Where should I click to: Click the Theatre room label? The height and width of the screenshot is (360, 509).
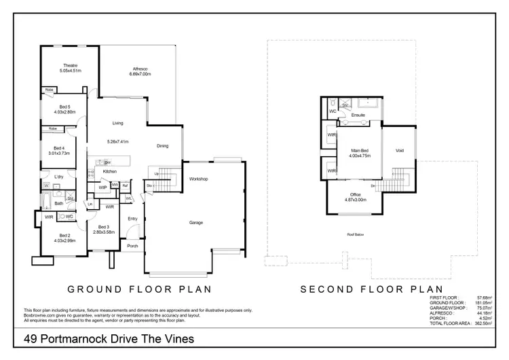point(71,65)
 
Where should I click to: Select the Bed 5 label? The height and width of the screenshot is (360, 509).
point(64,107)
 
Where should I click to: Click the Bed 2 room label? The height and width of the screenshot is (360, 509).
point(64,235)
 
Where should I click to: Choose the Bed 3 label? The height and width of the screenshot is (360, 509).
point(103,227)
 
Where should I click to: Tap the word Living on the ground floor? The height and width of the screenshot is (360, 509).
point(118,123)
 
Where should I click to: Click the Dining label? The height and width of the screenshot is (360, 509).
point(163,145)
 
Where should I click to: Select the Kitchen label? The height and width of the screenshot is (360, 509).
point(110,172)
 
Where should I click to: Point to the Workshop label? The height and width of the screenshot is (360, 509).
point(198,179)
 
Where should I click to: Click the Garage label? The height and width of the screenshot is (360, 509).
point(197,222)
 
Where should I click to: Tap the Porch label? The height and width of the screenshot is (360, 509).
point(132,246)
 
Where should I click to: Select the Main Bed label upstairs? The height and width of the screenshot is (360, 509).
point(360,150)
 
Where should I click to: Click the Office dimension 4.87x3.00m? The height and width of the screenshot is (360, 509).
point(356,200)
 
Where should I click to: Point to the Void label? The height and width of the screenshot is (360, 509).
point(399,150)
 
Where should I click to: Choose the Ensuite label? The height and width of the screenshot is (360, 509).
point(358,115)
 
